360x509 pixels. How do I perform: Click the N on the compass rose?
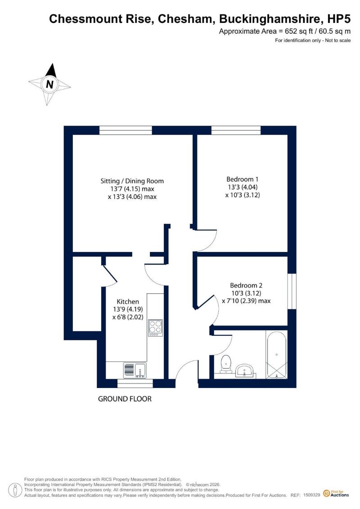point(49,85)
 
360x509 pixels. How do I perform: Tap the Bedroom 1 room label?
point(243,179)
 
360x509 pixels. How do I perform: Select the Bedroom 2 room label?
point(246,285)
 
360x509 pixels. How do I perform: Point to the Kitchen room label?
point(128,302)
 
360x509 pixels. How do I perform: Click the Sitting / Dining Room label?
point(132,181)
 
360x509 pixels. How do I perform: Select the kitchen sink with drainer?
point(135,370)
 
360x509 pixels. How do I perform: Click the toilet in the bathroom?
point(225,364)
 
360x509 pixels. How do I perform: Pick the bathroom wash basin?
point(245,370)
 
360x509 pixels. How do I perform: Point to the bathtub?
point(276,355)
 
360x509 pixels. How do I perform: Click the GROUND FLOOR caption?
point(125,399)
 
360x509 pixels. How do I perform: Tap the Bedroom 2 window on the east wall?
point(292,291)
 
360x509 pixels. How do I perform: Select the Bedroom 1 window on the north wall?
point(236,130)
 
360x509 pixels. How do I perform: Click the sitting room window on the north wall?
point(126,130)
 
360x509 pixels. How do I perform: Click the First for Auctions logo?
point(336,494)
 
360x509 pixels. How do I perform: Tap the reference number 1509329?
point(312,495)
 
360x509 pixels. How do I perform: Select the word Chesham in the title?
point(185,19)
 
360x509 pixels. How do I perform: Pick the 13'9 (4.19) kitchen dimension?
point(128,309)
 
